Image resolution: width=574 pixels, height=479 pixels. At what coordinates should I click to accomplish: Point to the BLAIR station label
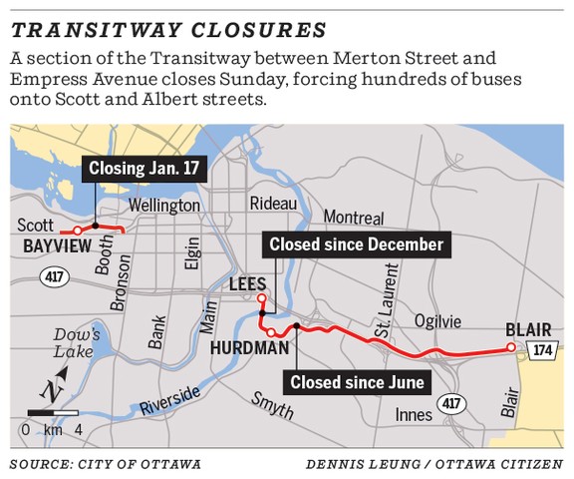(x=526, y=327)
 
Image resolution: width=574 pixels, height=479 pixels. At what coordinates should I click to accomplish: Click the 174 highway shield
(x=540, y=348)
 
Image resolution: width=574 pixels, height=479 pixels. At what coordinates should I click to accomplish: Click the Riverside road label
(x=169, y=400)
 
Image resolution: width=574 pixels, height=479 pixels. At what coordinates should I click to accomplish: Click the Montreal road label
(x=354, y=218)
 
